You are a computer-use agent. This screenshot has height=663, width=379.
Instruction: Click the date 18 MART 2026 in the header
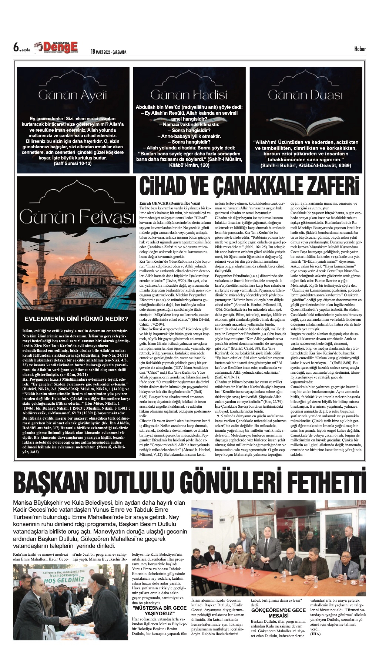[x=108, y=52]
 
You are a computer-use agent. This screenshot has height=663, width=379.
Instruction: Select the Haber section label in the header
[x=360, y=49]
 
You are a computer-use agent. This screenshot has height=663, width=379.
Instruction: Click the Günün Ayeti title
[x=73, y=95]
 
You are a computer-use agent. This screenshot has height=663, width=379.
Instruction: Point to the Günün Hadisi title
[x=189, y=95]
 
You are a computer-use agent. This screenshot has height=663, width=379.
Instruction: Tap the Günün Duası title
[x=305, y=95]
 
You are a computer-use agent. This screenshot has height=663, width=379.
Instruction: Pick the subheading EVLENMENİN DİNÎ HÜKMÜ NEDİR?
[x=76, y=319]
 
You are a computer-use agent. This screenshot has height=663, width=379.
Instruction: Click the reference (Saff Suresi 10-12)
[x=73, y=164]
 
